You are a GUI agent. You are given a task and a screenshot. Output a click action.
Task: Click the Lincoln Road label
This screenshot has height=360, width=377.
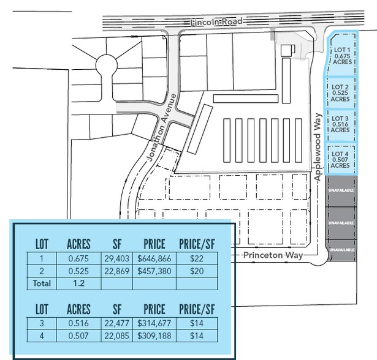tap(216, 22)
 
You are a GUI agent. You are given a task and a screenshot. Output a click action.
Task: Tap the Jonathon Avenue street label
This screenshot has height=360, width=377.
tap(162, 127)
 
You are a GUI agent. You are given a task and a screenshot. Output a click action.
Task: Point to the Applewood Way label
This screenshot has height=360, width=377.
tap(318, 147)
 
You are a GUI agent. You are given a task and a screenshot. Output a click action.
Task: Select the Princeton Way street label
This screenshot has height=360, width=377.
tap(273, 255)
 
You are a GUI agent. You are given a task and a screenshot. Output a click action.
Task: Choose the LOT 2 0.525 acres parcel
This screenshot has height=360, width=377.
tap(340, 93)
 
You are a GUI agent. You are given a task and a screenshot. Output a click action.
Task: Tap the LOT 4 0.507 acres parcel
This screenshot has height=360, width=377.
tap(340, 159)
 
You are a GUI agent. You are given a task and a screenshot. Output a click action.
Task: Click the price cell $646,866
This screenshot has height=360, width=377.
tap(154, 258)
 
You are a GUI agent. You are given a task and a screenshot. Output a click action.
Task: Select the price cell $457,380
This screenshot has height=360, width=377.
tap(154, 271)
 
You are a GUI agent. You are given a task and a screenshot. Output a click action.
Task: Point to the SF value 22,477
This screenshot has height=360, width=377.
tap(117, 323)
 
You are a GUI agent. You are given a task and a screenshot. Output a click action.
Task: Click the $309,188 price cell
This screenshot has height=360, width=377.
tap(154, 336)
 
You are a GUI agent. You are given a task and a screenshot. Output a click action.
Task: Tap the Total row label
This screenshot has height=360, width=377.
tap(42, 283)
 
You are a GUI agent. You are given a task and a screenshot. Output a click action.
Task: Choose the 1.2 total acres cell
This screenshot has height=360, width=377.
tap(78, 283)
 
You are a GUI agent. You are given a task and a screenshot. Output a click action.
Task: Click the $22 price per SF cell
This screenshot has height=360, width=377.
tap(197, 258)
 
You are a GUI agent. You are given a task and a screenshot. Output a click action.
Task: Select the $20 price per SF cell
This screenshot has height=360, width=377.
tap(197, 271)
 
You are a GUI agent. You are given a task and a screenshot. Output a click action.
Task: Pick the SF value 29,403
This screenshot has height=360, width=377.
tap(117, 258)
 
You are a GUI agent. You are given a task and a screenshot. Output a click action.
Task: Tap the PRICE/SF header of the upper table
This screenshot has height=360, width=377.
tap(197, 244)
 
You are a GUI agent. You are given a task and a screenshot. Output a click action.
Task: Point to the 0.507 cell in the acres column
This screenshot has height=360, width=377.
tap(78, 336)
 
